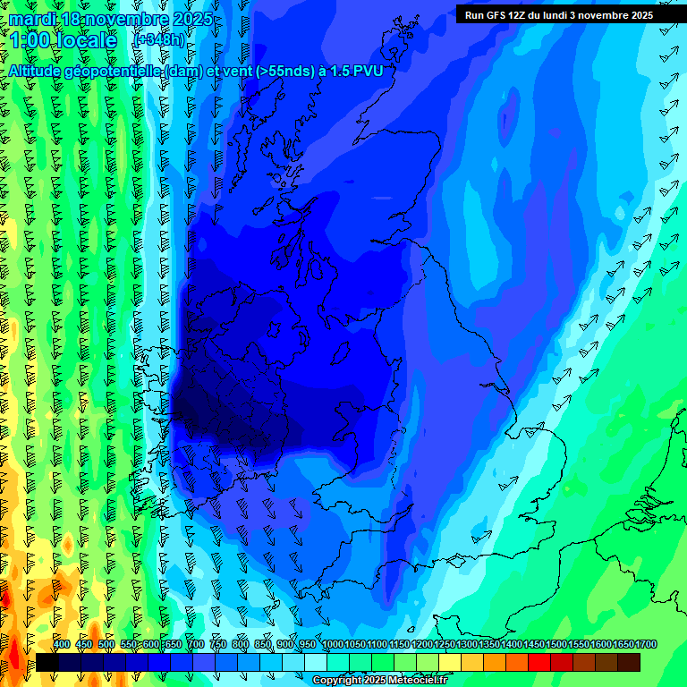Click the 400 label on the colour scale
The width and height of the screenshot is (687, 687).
point(62,644)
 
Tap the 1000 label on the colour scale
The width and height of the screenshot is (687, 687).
point(333,644)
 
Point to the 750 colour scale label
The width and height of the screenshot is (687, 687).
point(218,644)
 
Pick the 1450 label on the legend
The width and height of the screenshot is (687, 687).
point(534,644)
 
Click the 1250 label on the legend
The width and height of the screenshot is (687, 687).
point(445,644)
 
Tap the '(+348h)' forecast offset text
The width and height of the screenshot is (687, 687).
point(158,40)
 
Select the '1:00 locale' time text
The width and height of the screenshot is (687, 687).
point(64,40)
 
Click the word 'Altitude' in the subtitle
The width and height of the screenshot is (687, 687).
point(39,71)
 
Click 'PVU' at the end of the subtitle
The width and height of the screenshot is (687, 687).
point(366,71)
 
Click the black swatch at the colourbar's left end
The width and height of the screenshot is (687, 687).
point(47,662)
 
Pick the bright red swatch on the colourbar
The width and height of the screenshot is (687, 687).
point(539,662)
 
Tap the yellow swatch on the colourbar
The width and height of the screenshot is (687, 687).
point(450,662)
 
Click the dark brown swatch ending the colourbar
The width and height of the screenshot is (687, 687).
point(629,662)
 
